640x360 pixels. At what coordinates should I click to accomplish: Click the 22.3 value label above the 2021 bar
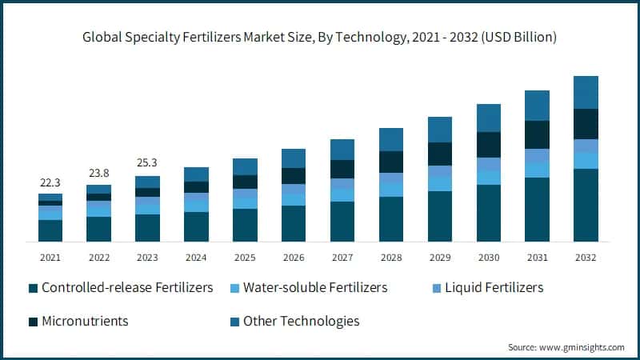[x=50, y=183]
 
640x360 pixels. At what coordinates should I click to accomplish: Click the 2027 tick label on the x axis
[x=342, y=258]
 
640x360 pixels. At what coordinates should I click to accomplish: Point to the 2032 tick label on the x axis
[x=586, y=258]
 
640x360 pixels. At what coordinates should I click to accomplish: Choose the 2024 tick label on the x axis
[x=196, y=258]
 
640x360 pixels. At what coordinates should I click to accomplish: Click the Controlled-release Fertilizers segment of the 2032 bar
[x=586, y=205]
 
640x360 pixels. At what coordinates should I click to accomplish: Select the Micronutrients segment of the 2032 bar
[x=586, y=124]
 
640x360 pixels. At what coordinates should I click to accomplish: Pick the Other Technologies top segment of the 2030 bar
[x=488, y=118]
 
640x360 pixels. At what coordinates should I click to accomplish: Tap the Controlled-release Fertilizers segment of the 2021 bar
[x=50, y=230]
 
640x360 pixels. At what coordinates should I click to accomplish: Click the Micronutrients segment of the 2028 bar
[x=391, y=162]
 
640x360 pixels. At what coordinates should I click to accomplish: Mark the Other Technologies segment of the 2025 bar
[x=245, y=166]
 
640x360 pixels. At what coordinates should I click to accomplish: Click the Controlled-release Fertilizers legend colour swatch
[x=33, y=288]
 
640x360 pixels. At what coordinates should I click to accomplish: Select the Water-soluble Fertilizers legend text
[x=315, y=287]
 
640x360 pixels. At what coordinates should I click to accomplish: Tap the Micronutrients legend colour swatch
[x=33, y=322]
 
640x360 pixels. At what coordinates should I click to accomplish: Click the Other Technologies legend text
[x=301, y=321]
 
